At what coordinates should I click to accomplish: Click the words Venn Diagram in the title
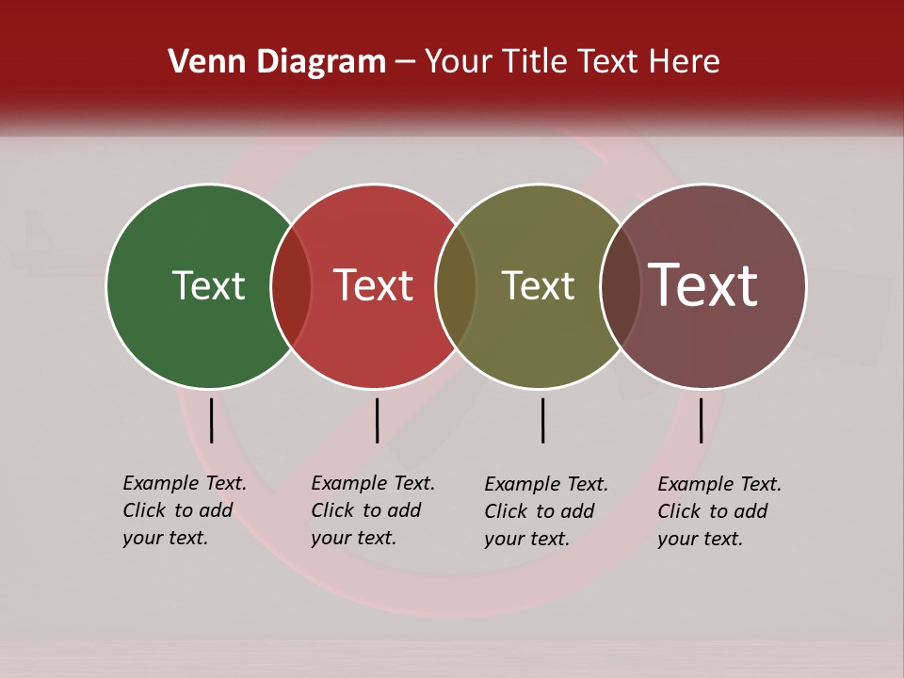click(277, 62)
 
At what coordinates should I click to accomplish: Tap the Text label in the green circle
click(208, 285)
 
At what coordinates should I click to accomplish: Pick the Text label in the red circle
click(374, 285)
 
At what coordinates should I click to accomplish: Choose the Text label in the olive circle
click(538, 285)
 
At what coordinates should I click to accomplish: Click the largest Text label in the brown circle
click(703, 285)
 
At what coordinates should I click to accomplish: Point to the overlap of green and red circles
click(291, 285)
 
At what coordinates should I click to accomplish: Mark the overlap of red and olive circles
click(456, 285)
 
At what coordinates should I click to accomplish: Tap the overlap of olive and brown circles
click(621, 285)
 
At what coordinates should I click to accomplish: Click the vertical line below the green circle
click(211, 420)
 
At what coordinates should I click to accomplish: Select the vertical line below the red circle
click(377, 420)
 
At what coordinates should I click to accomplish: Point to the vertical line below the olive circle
click(542, 420)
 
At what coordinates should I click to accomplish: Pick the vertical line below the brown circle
click(701, 420)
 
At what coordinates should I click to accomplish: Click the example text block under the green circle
click(184, 510)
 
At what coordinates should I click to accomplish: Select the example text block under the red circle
click(372, 510)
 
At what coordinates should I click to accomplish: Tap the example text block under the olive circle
click(545, 511)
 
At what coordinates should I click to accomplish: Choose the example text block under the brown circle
click(718, 511)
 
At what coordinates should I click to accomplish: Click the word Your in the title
click(460, 62)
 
